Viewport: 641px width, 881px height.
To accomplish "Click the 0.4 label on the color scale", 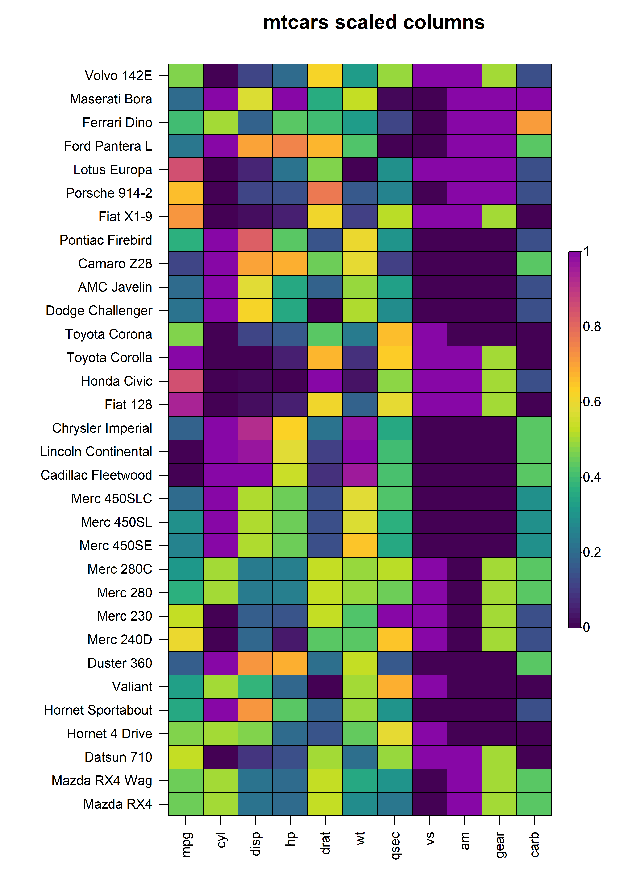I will pyautogui.click(x=592, y=477).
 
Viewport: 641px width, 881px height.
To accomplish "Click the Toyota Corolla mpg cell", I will pyautogui.click(x=186, y=357).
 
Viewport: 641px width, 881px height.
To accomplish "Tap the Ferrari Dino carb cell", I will pyautogui.click(x=534, y=123).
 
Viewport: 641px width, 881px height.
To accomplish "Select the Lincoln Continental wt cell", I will pyautogui.click(x=360, y=451).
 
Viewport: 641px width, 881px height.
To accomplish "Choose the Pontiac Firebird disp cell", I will pyautogui.click(x=255, y=240).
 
